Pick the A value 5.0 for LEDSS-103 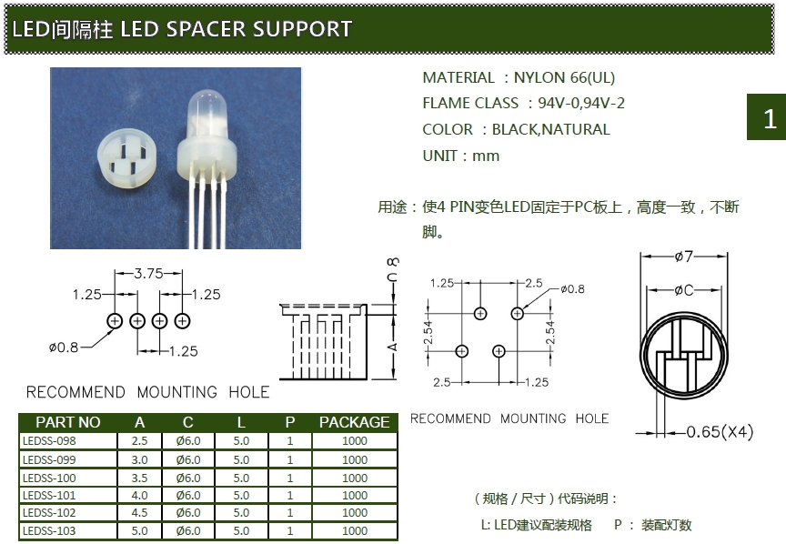[139, 531]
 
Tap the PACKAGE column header [354, 422]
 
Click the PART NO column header [67, 422]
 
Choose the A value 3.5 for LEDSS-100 [139, 478]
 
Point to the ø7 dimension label [683, 257]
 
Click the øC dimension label [683, 290]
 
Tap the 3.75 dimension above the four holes [148, 273]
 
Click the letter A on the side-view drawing [393, 347]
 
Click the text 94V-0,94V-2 [581, 104]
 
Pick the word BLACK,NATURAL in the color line [550, 129]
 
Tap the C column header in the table [187, 422]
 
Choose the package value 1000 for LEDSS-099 [354, 459]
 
